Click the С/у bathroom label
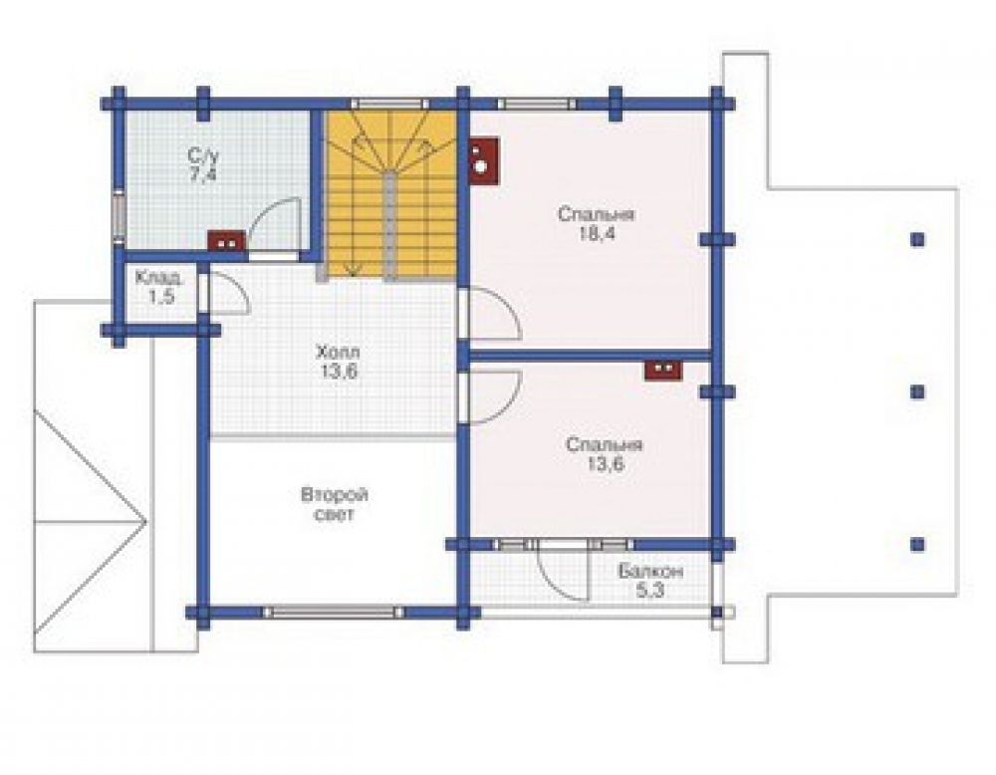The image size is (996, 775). coord(202,155)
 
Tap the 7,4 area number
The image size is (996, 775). coord(202,174)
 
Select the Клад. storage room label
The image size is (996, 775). coord(159,278)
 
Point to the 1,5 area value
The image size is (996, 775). coord(161,296)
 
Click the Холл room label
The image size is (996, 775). coord(338,352)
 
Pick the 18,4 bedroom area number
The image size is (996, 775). coord(596,234)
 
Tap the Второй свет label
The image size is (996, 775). coord(335,504)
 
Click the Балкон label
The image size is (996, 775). coord(651,572)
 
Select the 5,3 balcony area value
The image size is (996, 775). coord(649,592)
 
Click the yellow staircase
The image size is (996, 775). coord(390,193)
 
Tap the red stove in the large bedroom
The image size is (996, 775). coord(484,160)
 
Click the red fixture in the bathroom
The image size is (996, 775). coord(227,241)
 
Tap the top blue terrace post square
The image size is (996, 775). coord(917,239)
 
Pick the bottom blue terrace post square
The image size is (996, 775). coord(917,545)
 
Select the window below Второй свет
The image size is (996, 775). coord(334,613)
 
